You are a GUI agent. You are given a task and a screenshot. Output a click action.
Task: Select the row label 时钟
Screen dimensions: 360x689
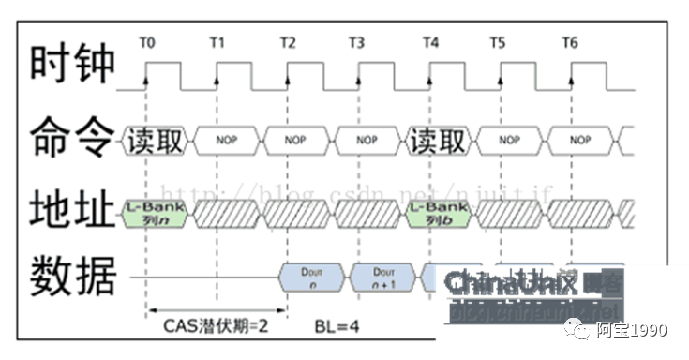point(72,65)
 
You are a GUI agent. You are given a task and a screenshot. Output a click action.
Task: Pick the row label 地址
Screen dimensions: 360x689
point(72,209)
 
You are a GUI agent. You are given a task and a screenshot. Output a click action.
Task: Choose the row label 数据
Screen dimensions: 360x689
point(72,277)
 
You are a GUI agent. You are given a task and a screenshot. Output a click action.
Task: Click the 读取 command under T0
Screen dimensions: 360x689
point(155,141)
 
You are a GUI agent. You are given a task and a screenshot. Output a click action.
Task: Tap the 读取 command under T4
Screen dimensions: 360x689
point(438,141)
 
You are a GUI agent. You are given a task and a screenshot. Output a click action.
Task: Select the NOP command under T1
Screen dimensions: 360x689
point(226,141)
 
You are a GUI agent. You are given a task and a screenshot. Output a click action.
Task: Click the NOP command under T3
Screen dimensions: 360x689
point(367,141)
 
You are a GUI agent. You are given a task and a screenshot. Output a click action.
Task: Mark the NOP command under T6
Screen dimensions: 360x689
point(580,141)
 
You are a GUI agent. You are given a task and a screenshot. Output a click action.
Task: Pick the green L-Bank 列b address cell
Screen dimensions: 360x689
point(436,212)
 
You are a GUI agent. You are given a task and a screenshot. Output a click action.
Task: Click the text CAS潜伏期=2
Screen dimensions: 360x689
point(217,327)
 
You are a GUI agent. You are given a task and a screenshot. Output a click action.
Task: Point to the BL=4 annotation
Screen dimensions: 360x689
point(337,327)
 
